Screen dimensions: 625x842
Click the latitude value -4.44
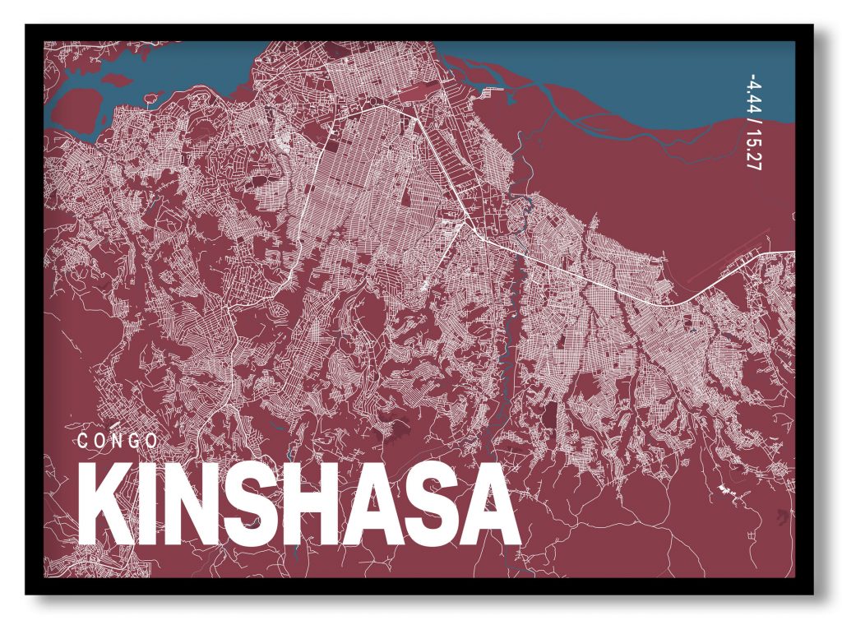750,94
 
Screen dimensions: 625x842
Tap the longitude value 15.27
750,150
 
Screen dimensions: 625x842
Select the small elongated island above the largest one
116,79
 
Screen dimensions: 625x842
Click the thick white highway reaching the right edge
740,275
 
